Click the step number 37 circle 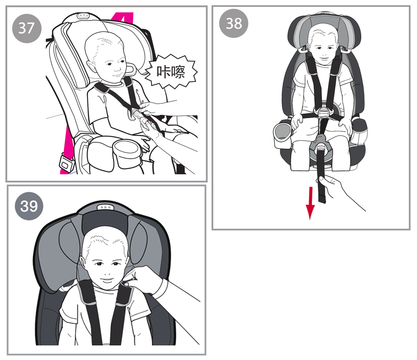[27, 28]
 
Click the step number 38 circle [234, 23]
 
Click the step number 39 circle [29, 206]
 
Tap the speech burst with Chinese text [171, 71]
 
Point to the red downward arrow [310, 203]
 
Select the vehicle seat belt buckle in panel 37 [66, 163]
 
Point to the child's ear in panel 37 [91, 66]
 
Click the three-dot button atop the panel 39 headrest [105, 207]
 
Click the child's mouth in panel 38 [323, 58]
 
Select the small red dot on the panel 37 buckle [147, 121]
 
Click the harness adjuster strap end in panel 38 [322, 199]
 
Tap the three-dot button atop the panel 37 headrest [83, 16]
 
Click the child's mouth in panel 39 [107, 280]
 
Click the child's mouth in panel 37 [117, 75]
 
